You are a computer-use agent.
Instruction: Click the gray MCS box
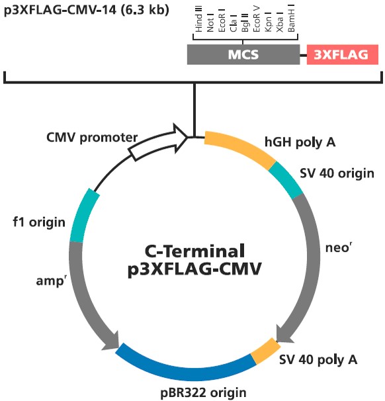pyautogui.click(x=243, y=54)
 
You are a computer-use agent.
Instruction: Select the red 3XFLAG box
pyautogui.click(x=342, y=54)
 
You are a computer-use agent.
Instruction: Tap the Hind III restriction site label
pyautogui.click(x=198, y=19)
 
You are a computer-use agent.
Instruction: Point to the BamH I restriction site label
pyautogui.click(x=291, y=18)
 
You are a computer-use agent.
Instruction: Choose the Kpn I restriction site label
pyautogui.click(x=268, y=22)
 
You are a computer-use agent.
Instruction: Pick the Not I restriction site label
pyautogui.click(x=210, y=22)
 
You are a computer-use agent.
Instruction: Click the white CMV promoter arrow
pyautogui.click(x=159, y=142)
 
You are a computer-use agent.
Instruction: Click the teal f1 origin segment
pyautogui.click(x=84, y=215)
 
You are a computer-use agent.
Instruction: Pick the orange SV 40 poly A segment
pyautogui.click(x=266, y=351)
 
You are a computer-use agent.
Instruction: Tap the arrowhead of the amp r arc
pyautogui.click(x=110, y=341)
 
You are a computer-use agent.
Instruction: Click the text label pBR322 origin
pyautogui.click(x=204, y=392)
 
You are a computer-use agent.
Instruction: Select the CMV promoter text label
pyautogui.click(x=92, y=138)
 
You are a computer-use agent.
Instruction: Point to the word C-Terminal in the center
pyautogui.click(x=194, y=251)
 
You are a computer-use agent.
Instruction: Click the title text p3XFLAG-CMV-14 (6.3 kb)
pyautogui.click(x=87, y=11)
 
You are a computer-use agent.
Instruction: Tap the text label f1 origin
pyautogui.click(x=39, y=222)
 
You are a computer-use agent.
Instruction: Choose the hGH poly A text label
pyautogui.click(x=300, y=142)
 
